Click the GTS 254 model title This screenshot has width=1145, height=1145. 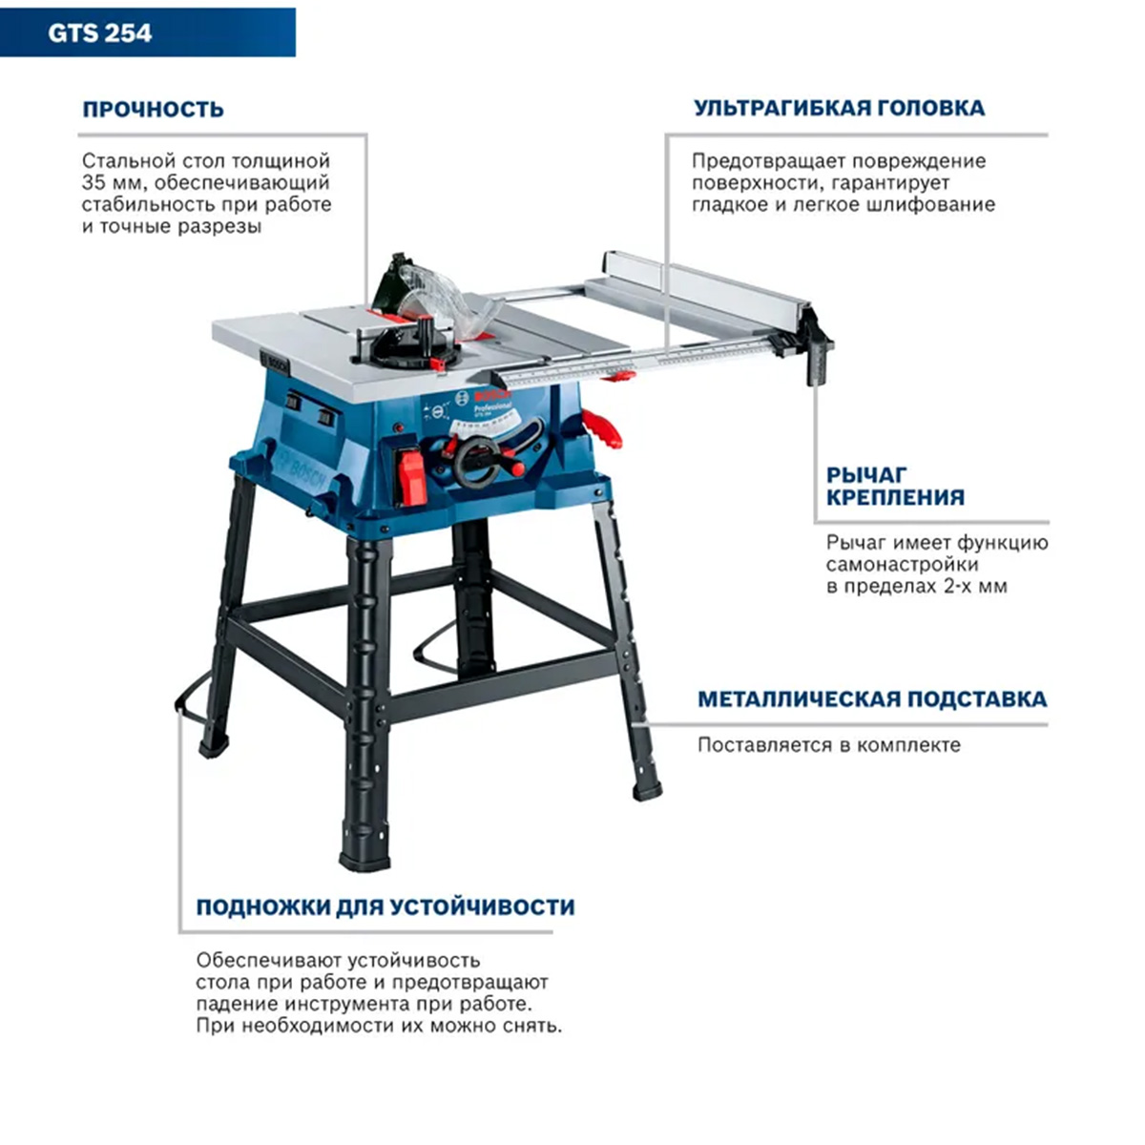coord(100,32)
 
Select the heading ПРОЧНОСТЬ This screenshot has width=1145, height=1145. coord(154,110)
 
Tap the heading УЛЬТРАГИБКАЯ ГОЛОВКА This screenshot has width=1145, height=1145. coord(840,108)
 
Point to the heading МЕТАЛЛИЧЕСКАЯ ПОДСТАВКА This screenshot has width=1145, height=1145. coord(872,698)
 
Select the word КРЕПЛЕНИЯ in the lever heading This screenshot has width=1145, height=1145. coord(895,497)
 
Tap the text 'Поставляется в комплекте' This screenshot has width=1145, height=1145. coord(829,745)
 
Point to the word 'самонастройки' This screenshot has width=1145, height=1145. coord(902,565)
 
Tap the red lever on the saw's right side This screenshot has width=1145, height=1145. coord(601,427)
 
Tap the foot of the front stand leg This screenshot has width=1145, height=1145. coord(364,860)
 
